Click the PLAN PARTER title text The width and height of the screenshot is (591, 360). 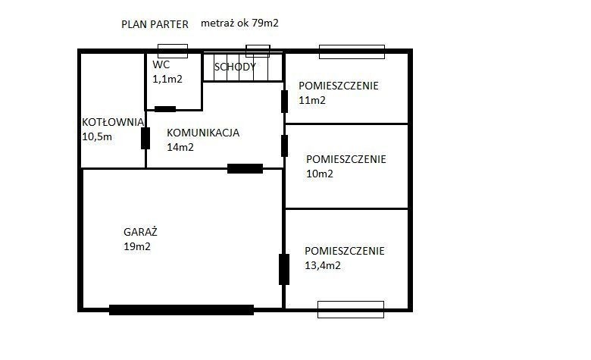(x=155, y=24)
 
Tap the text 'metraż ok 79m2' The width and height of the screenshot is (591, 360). (x=239, y=23)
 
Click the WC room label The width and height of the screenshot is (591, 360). (x=161, y=64)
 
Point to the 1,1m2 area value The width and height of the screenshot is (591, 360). (x=167, y=79)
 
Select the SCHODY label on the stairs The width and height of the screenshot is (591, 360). (x=235, y=67)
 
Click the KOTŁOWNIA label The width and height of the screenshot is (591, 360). (x=113, y=122)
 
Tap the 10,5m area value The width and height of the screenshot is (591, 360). (x=97, y=136)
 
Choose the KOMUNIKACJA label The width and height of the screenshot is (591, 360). (x=203, y=133)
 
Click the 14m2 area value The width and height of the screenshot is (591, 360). (x=180, y=147)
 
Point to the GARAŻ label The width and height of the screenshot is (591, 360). (x=140, y=232)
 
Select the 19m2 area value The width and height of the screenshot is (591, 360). (x=137, y=246)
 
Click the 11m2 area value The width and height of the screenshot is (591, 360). (x=311, y=100)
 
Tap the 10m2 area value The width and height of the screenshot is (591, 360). (x=320, y=174)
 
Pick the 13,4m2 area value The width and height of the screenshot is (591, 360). (x=323, y=265)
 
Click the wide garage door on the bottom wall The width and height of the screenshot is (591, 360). (x=181, y=310)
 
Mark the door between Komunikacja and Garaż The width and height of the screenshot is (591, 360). (x=245, y=168)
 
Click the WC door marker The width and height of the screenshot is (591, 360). (x=165, y=109)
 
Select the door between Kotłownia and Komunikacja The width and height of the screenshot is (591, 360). (x=145, y=139)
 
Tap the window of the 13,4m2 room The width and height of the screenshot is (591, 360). (x=351, y=309)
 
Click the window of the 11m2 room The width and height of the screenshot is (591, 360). (x=352, y=52)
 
